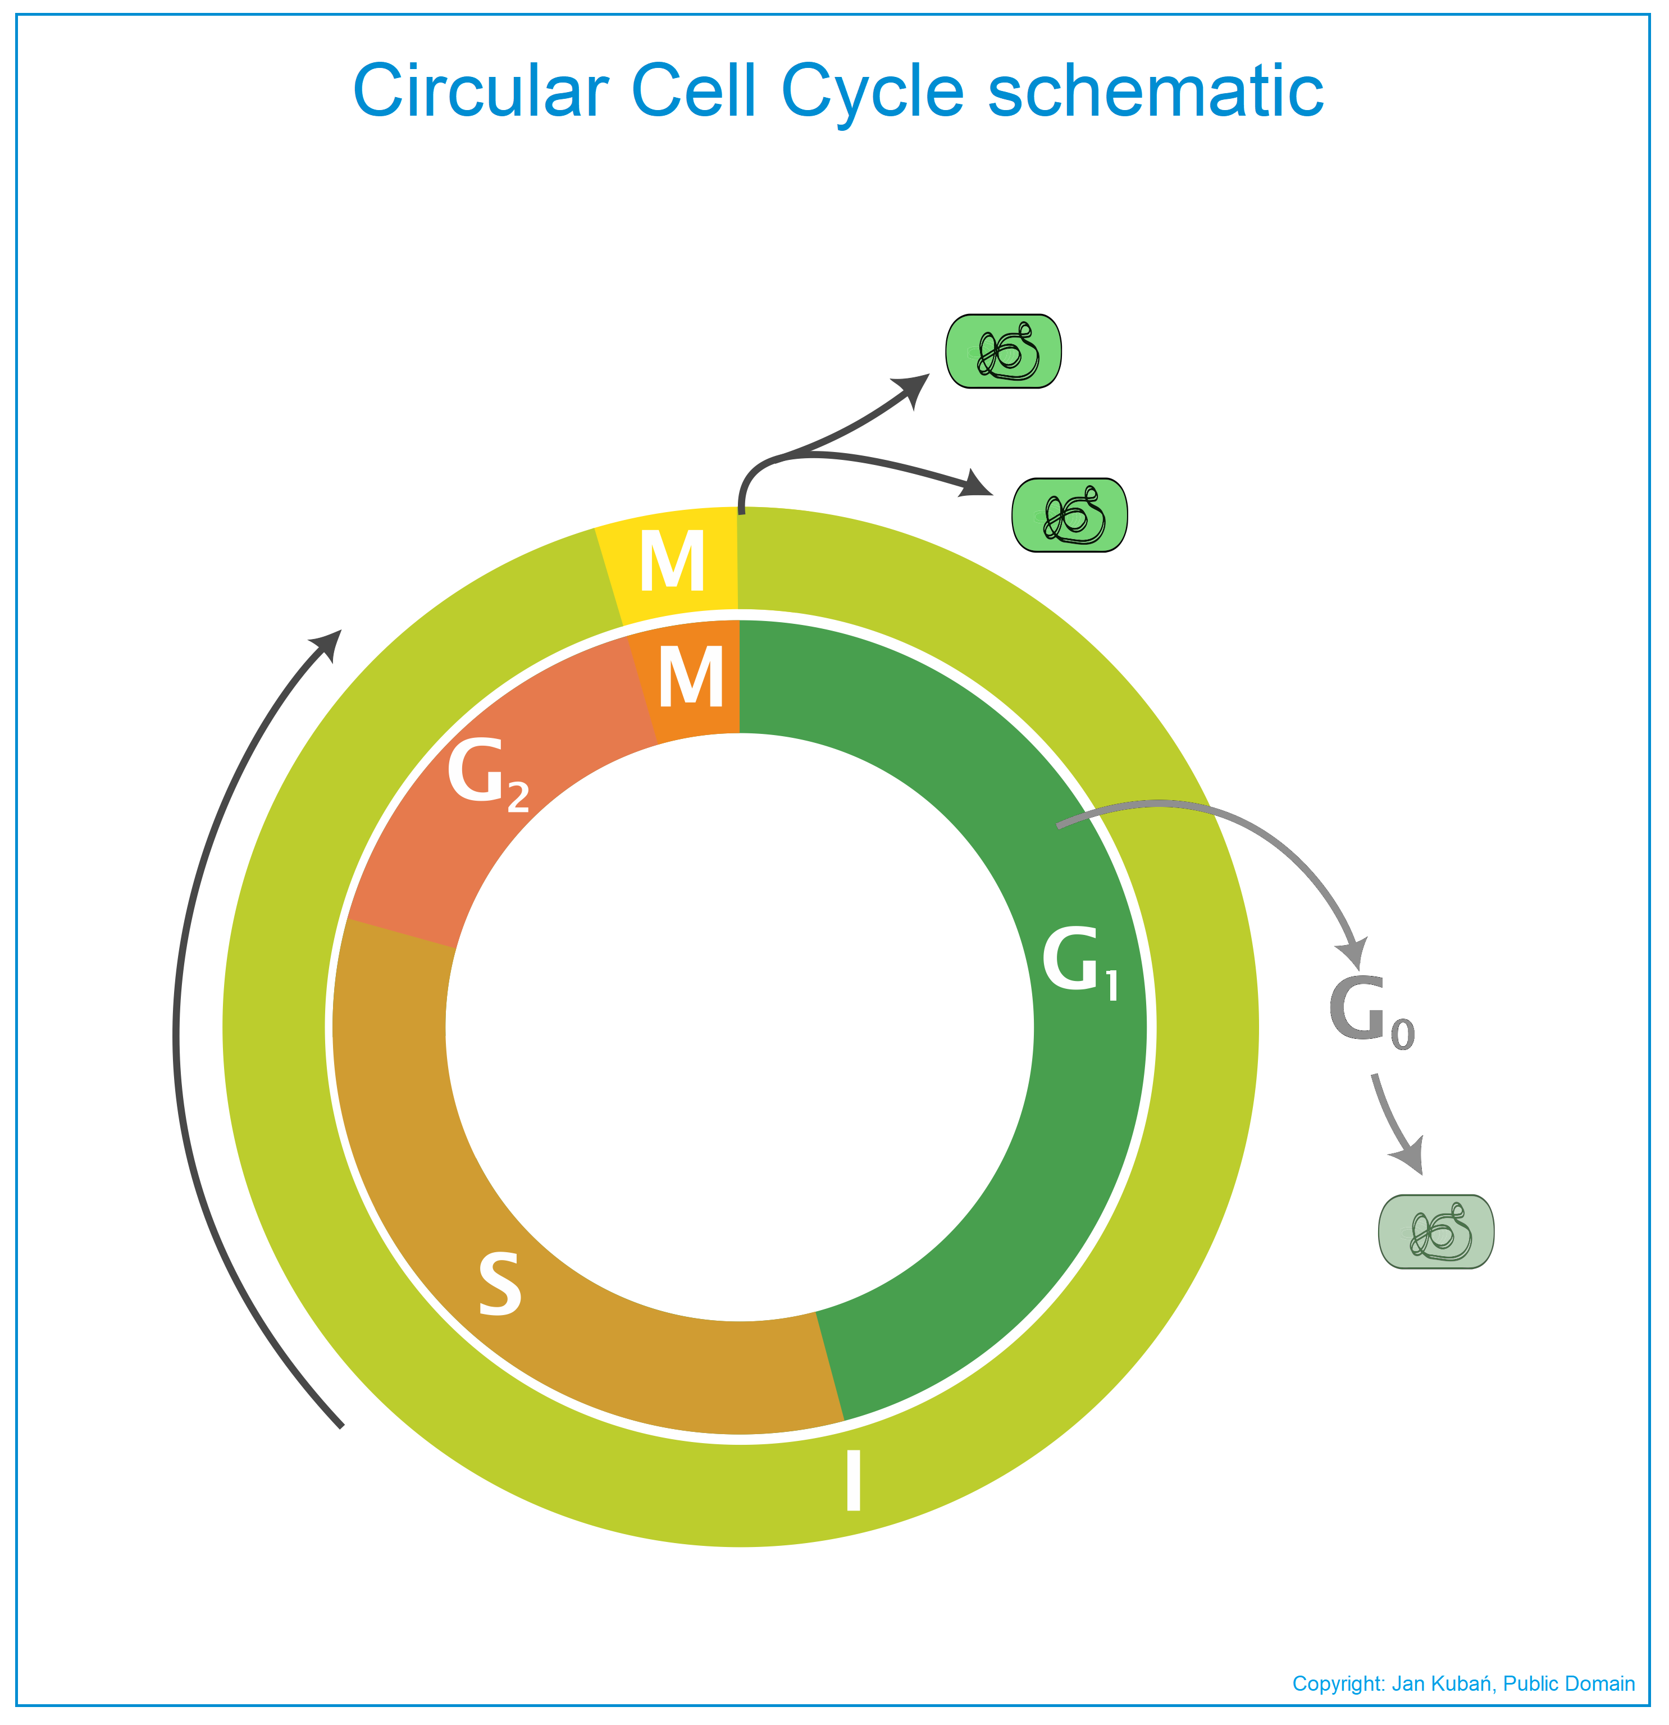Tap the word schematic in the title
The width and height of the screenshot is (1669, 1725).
pos(1156,90)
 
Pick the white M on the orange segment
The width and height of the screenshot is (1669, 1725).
pos(691,676)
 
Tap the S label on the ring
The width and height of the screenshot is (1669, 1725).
pos(500,1284)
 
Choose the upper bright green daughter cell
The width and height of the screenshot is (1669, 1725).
pos(1004,351)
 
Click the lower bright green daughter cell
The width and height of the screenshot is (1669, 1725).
pos(1070,515)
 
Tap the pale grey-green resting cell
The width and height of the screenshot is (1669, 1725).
pos(1436,1232)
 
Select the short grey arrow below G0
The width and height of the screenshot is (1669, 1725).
pos(1393,1125)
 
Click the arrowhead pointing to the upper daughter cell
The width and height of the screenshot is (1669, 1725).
pos(913,390)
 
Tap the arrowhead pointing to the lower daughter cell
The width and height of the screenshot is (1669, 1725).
pos(975,485)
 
